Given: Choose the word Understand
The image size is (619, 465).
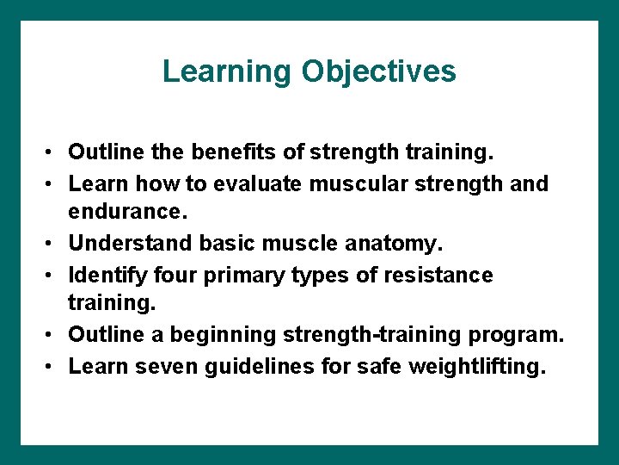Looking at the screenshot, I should click(131, 244).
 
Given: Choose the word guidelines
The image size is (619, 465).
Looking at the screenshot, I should click(259, 366).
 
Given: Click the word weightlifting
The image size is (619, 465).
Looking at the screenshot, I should click(476, 366).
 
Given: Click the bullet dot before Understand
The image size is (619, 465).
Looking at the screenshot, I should click(52, 245).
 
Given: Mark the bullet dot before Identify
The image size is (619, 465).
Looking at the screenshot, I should click(52, 276).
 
